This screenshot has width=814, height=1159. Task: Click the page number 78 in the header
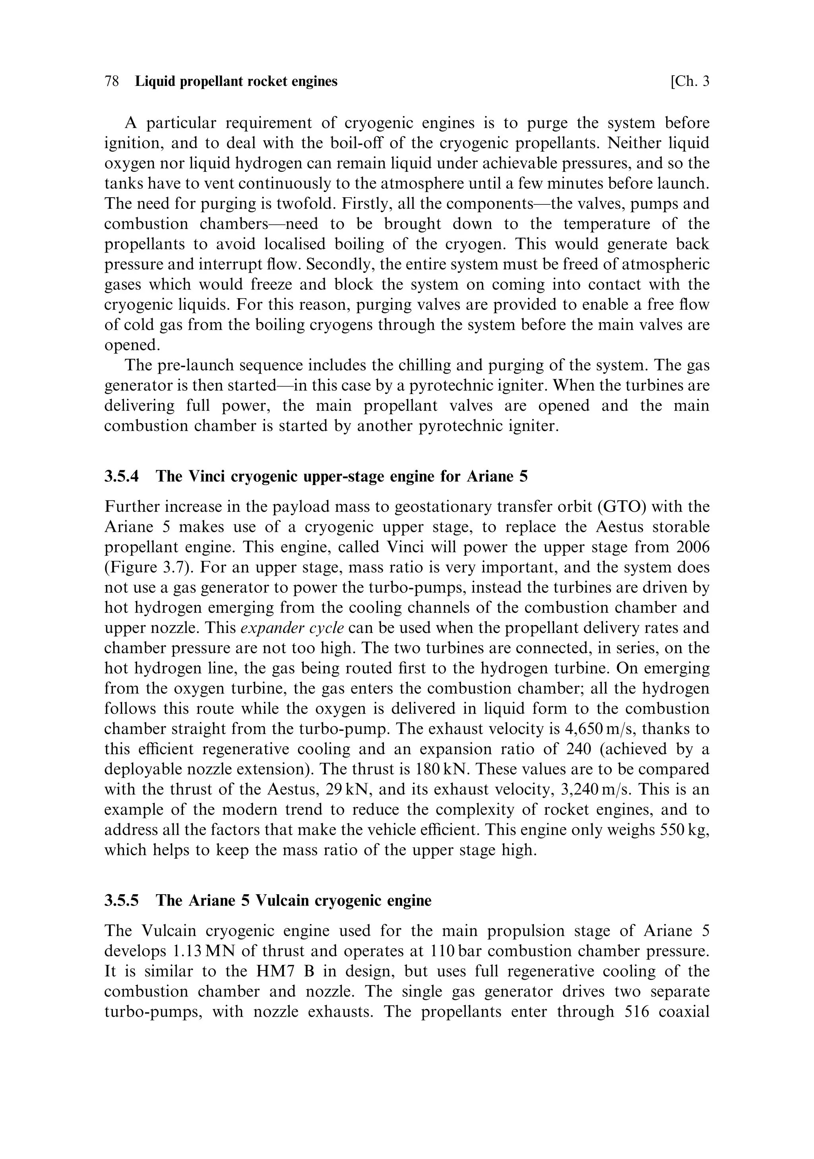click(x=112, y=81)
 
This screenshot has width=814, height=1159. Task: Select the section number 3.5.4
click(x=121, y=476)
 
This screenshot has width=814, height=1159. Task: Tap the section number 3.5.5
click(x=121, y=901)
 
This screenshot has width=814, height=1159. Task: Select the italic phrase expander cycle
click(x=292, y=628)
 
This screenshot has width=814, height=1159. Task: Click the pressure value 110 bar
click(x=457, y=951)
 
